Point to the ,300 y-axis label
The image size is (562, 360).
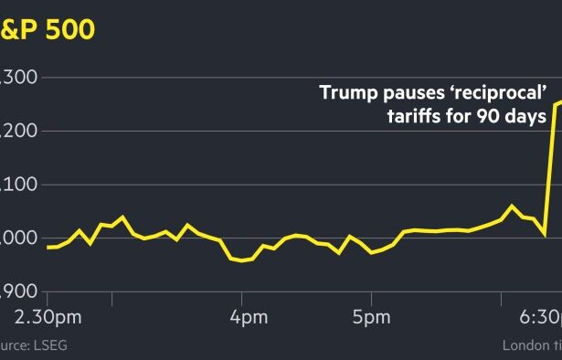pyautogui.click(x=18, y=78)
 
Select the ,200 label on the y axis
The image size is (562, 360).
pyautogui.click(x=18, y=131)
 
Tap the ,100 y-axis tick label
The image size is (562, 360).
pyautogui.click(x=18, y=185)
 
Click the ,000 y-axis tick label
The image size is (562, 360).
pyautogui.click(x=18, y=238)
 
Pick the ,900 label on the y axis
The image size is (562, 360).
pyautogui.click(x=18, y=291)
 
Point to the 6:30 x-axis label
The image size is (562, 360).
pyautogui.click(x=539, y=317)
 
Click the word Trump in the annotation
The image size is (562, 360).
pyautogui.click(x=345, y=92)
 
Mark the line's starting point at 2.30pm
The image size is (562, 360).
pyautogui.click(x=47, y=247)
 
